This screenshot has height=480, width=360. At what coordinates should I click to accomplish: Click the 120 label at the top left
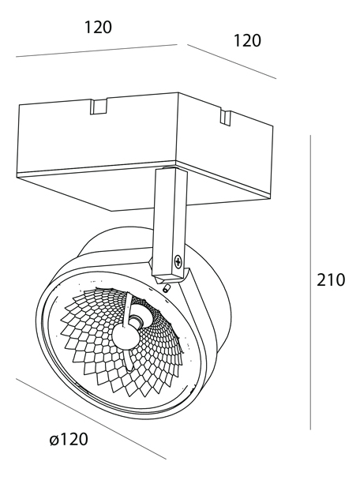point(98,28)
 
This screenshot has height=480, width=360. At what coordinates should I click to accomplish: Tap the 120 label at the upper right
point(247,40)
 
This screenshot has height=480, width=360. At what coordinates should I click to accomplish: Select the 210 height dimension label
point(331,279)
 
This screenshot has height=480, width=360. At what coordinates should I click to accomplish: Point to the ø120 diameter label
point(69,439)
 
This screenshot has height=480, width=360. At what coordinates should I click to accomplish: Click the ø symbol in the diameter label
point(54,441)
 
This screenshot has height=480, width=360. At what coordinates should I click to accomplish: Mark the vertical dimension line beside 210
point(310,282)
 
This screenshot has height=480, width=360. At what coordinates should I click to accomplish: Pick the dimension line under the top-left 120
point(96,51)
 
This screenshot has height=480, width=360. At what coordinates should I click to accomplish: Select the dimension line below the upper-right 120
point(232,62)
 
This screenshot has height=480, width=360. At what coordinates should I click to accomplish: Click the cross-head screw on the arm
point(178,261)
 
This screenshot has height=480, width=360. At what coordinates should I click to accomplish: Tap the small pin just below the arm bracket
point(167,288)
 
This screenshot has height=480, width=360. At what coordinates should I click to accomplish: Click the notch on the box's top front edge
point(99,107)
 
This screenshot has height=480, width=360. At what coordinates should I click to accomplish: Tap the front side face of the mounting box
point(97,137)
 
